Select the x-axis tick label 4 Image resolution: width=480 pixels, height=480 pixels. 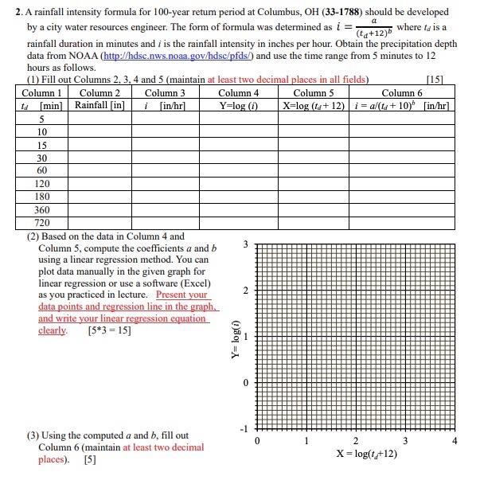(x=455, y=442)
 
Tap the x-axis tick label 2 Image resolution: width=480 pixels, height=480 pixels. (x=355, y=442)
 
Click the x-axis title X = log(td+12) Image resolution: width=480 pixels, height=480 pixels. (x=356, y=455)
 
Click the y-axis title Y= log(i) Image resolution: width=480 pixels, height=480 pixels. (x=233, y=338)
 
